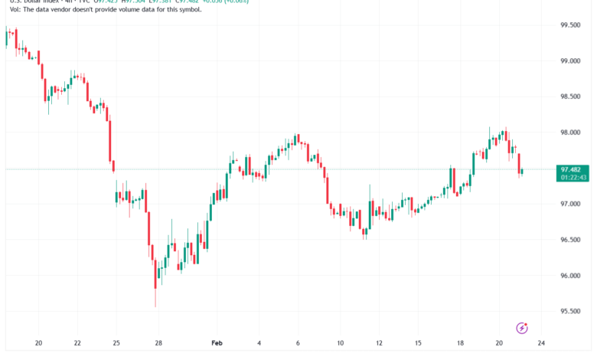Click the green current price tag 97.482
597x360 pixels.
click(x=573, y=169)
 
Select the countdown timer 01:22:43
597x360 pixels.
click(x=573, y=178)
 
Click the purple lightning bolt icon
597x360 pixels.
click(x=522, y=328)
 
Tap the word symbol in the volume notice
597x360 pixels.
click(x=188, y=10)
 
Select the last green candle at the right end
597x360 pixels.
click(x=521, y=172)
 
